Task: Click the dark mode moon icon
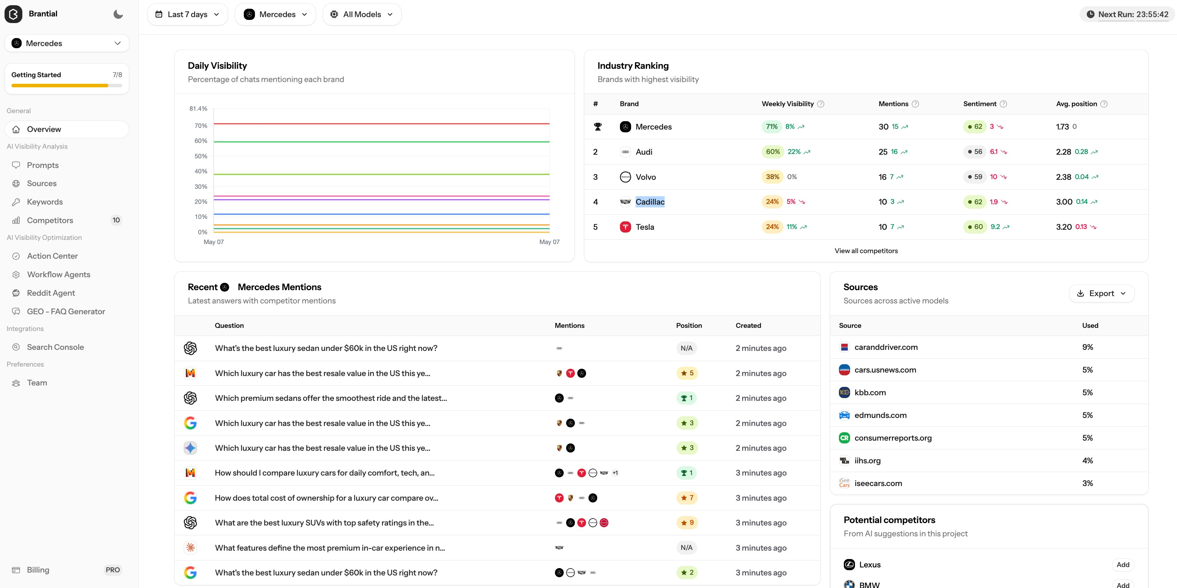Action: pos(118,14)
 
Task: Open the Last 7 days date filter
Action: pos(187,14)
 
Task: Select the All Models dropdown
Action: pos(362,14)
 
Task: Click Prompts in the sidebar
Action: pos(43,165)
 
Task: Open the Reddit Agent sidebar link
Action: pos(51,293)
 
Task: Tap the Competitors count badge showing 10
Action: pos(116,220)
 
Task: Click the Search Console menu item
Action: pos(55,347)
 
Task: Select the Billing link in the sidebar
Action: pos(38,570)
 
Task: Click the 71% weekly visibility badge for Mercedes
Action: pos(772,126)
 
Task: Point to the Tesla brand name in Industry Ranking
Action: pos(645,227)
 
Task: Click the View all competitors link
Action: pos(866,251)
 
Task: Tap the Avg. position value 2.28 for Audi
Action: pos(1063,152)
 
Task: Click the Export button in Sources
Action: pos(1101,293)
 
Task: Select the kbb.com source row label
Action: pos(870,392)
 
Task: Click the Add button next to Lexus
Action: pos(1123,565)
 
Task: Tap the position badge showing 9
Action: pos(687,523)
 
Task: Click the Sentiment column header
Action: pos(980,104)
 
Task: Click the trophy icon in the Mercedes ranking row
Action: pos(597,126)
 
